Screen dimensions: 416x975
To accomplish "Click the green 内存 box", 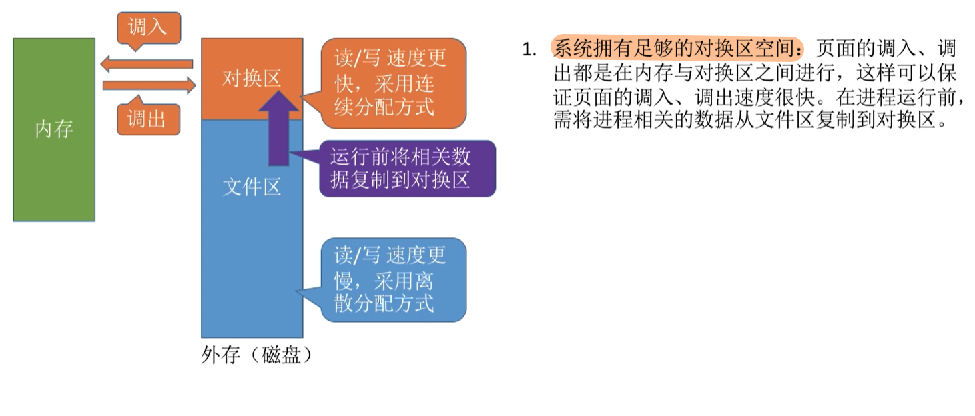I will point(54,129).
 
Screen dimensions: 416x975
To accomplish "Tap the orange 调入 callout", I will point(147,27).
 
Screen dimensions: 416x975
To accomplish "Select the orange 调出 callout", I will point(147,119).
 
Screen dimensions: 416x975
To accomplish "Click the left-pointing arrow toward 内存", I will point(147,64).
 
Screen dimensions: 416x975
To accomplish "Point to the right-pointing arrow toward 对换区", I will point(149,85).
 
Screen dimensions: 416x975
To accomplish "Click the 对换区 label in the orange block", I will point(251,79).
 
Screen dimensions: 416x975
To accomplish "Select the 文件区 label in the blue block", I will point(251,187).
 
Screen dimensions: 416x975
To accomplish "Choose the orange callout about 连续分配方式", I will point(391,83).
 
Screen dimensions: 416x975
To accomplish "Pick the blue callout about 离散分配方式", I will point(391,280).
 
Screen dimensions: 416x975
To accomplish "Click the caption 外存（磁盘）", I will point(257,355).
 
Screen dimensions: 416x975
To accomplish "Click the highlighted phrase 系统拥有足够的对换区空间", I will point(677,49).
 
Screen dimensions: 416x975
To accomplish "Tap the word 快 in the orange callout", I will point(344,83).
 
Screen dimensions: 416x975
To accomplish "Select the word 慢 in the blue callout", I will point(344,280).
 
